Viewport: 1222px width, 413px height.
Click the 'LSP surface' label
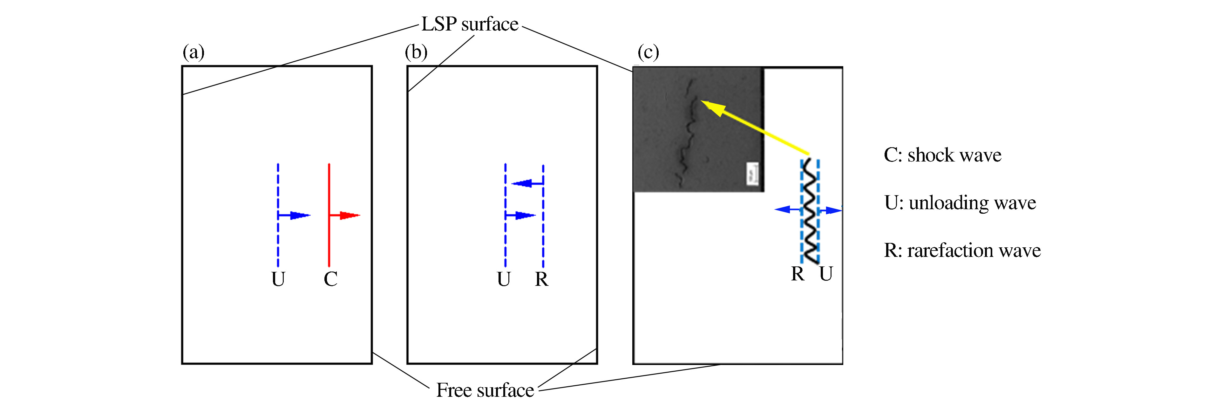[x=470, y=24]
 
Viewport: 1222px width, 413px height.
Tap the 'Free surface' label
[x=485, y=390]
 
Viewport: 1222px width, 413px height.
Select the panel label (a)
[x=193, y=52]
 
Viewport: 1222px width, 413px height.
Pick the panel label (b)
[x=416, y=52]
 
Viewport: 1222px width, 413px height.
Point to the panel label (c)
[x=648, y=52]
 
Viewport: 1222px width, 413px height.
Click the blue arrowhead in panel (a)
[x=300, y=216]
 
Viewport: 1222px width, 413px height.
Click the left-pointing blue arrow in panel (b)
[x=527, y=183]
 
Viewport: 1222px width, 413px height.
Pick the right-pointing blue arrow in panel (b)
[x=521, y=216]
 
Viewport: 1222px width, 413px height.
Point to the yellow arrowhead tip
[x=701, y=101]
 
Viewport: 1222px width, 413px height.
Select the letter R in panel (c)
[x=798, y=274]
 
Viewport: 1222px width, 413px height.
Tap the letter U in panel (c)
[x=826, y=274]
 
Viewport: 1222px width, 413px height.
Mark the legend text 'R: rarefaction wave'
[x=962, y=250]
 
